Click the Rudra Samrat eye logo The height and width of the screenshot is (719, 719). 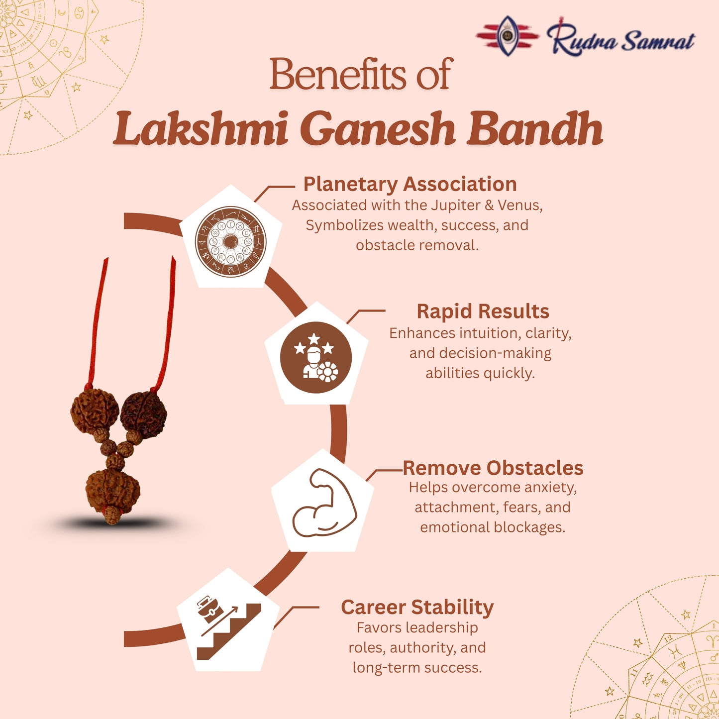pos(507,35)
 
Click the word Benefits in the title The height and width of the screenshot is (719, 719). pos(338,75)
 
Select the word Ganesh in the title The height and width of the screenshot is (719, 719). pos(378,129)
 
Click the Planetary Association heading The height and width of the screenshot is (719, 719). pos(410,184)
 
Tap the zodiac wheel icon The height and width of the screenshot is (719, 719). pos(230,241)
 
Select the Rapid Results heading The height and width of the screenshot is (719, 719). pos(483,311)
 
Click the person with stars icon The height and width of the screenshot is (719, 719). pos(315,357)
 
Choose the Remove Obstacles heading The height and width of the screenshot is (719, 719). pos(493,468)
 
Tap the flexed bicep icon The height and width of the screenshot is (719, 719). pos(324,503)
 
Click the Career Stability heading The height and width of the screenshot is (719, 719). pos(417,608)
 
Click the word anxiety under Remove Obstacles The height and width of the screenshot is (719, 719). pos(550,487)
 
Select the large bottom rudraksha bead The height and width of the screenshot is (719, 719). pos(112,490)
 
